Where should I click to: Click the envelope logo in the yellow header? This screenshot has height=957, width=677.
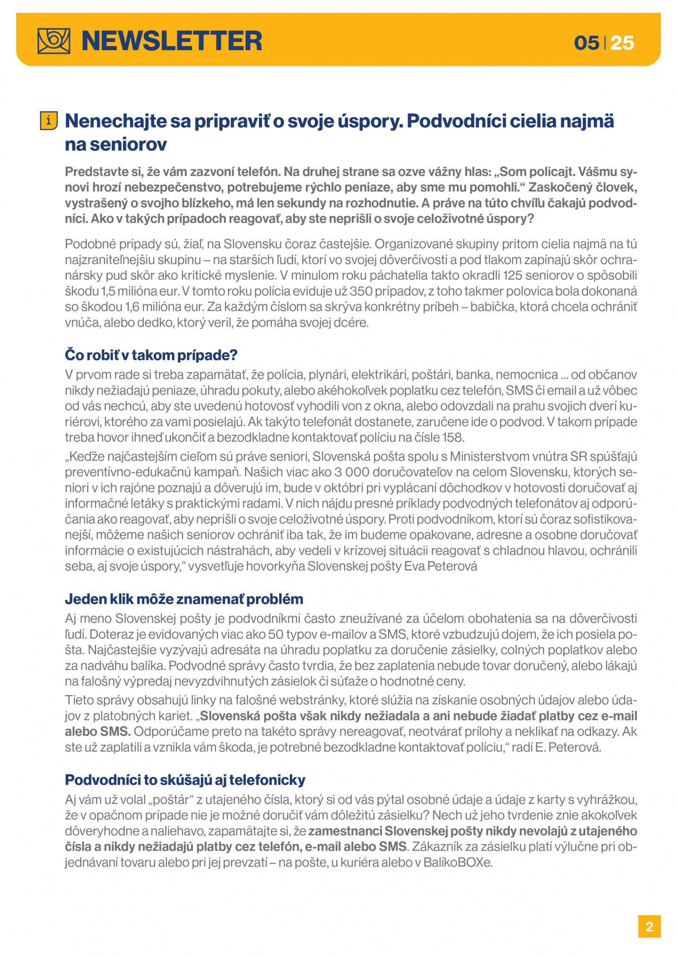coord(54,41)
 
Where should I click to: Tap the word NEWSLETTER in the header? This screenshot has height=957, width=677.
coord(172,41)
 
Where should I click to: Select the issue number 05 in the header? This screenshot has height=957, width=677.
coord(586,43)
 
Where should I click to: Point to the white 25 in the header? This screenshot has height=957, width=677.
coord(622,43)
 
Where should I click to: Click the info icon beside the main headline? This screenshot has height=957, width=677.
coord(49,121)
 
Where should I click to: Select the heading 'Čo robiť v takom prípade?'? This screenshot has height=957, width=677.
coord(151,355)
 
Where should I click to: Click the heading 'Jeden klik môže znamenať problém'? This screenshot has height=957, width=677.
coord(184,599)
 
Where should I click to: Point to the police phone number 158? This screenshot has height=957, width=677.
coord(453,437)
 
